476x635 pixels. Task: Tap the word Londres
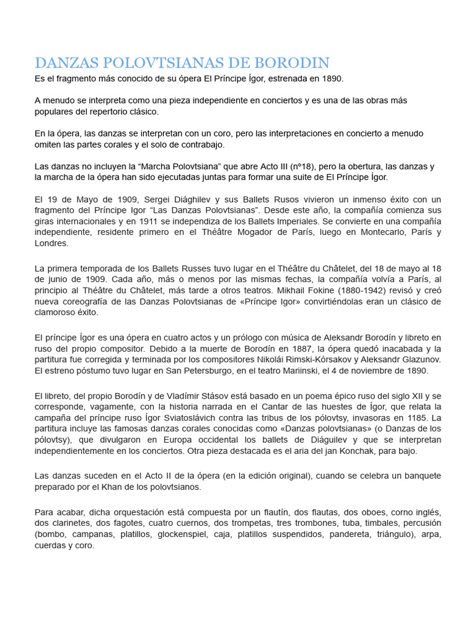click(x=51, y=244)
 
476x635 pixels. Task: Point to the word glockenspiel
click(x=177, y=534)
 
